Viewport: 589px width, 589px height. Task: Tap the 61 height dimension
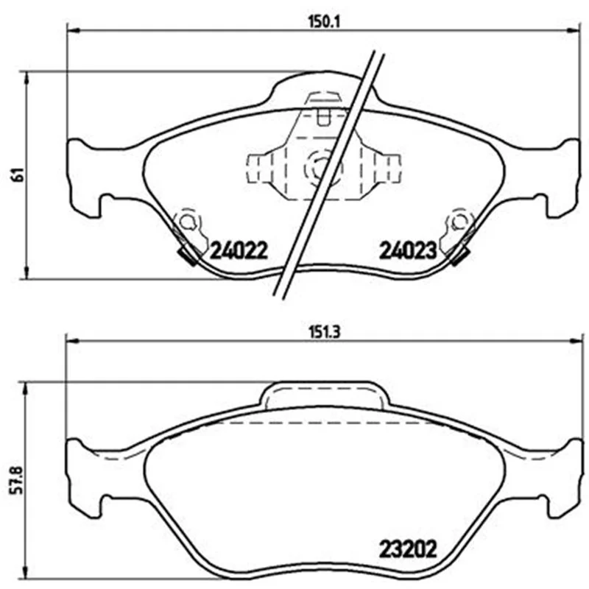pos(18,174)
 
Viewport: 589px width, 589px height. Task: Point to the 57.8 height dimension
pos(18,480)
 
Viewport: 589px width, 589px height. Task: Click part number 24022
pos(239,250)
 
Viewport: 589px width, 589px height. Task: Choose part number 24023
pos(408,250)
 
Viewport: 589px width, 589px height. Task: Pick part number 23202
pos(408,549)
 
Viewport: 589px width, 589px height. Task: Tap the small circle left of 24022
pos(186,222)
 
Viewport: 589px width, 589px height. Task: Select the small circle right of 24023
pos(459,222)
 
